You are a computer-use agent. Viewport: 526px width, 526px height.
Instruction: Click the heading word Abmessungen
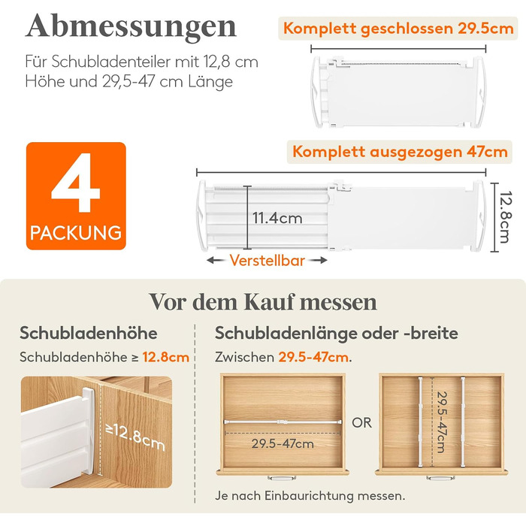[131, 27]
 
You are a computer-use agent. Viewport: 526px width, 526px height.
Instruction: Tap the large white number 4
[76, 182]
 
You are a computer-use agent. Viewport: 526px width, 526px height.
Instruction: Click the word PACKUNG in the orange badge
[76, 233]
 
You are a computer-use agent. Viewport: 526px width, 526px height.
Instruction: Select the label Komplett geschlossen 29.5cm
[398, 29]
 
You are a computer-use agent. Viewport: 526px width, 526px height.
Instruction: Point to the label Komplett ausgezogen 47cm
[400, 152]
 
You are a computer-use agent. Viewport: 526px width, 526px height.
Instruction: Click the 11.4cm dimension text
[277, 219]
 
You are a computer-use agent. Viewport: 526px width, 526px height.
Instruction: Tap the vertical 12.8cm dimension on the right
[504, 216]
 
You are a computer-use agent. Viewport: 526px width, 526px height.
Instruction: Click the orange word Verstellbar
[268, 261]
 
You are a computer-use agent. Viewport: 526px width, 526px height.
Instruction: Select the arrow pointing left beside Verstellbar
[216, 260]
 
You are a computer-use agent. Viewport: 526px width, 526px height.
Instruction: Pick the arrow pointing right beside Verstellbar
[318, 260]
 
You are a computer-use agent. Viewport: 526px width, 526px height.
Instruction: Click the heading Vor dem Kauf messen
[263, 302]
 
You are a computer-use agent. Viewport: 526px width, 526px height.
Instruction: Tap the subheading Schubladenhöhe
[88, 333]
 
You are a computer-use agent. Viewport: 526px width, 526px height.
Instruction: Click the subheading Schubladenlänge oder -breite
[337, 333]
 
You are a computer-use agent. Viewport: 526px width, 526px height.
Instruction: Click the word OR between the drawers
[362, 422]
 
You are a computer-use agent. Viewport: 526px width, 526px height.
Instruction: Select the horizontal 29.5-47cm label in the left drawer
[283, 444]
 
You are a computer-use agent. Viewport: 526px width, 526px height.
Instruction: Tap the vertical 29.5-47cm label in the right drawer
[442, 422]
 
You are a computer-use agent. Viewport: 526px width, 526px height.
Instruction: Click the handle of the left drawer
[282, 477]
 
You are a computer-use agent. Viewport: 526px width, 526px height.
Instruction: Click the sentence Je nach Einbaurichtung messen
[310, 495]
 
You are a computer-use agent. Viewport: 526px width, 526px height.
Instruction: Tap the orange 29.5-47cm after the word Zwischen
[313, 357]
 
